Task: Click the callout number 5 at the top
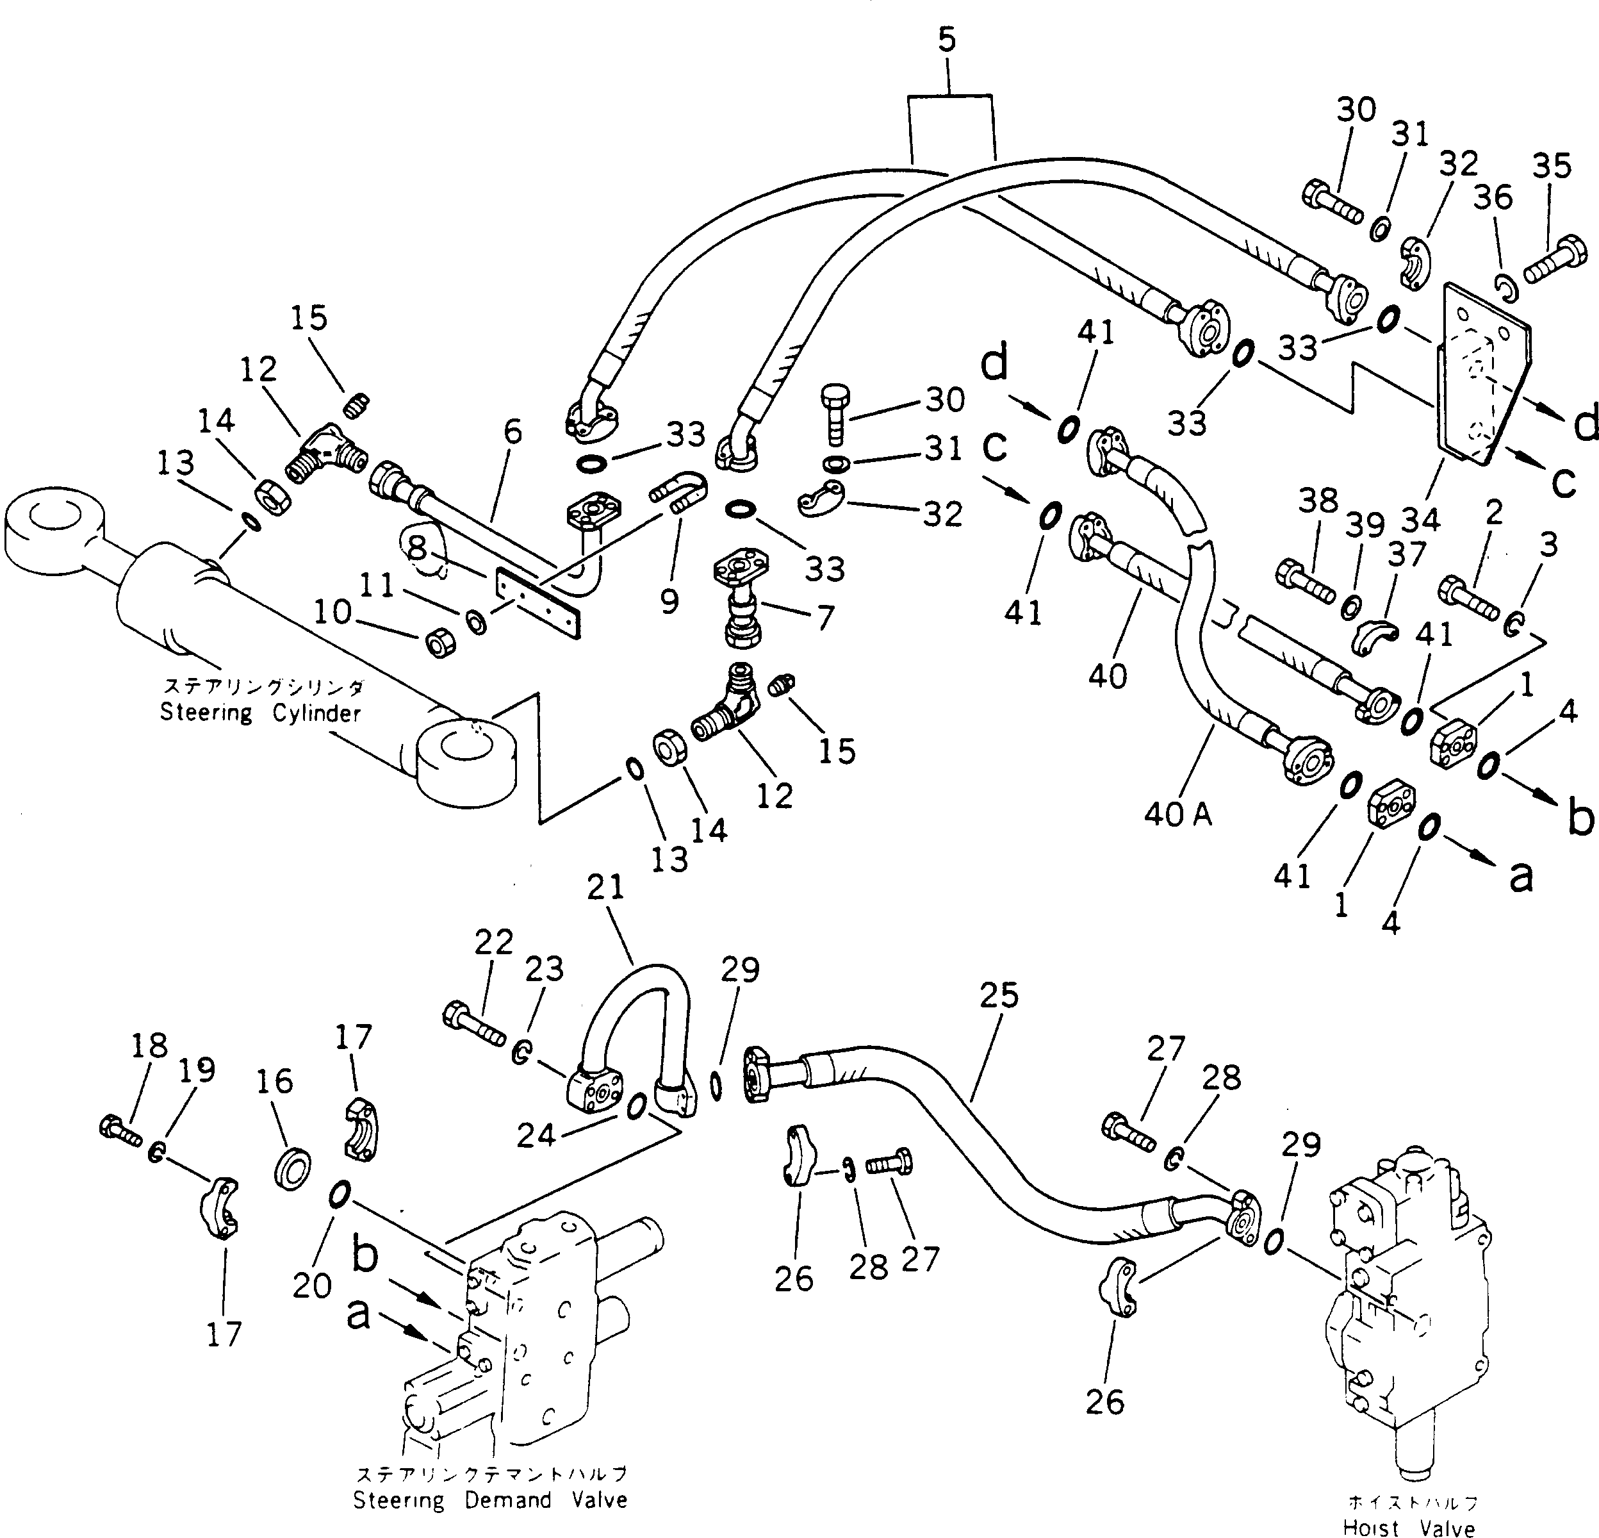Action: [x=946, y=39]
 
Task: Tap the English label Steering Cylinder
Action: [x=259, y=714]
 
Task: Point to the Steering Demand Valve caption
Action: [x=490, y=1500]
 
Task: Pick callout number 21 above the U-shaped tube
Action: [x=605, y=888]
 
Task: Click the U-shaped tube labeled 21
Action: [x=636, y=1020]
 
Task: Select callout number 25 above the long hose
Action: [x=999, y=995]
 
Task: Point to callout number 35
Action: [x=1551, y=167]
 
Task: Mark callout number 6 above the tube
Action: [x=512, y=432]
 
